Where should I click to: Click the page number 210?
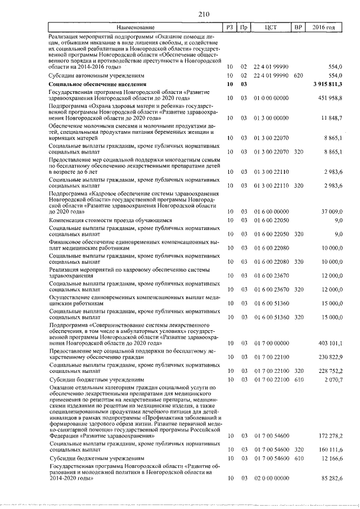pyautogui.click(x=180, y=14)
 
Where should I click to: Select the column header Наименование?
pyautogui.click(x=135, y=27)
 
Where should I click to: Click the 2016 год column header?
pyautogui.click(x=327, y=27)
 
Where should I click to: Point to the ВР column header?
pyautogui.click(x=298, y=27)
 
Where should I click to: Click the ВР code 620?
pyautogui.click(x=298, y=75)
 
